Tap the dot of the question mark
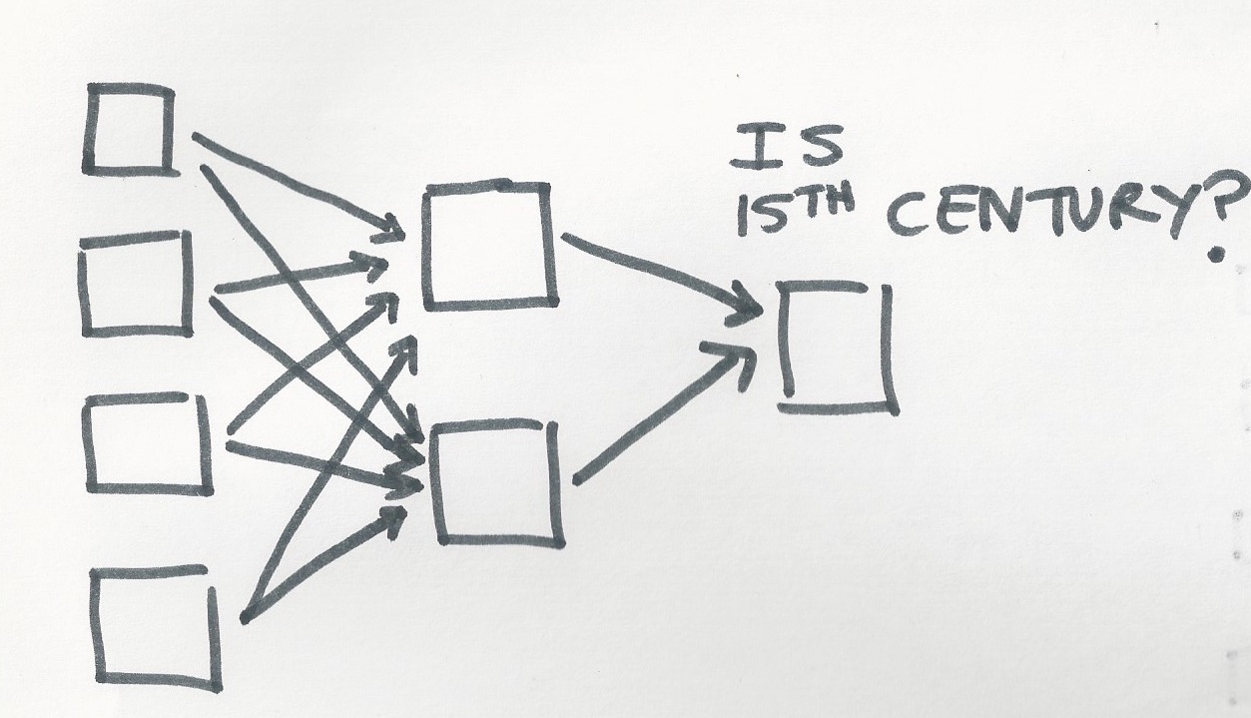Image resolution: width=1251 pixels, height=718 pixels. click(1214, 255)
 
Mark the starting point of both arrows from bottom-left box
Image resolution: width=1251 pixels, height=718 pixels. click(245, 617)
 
